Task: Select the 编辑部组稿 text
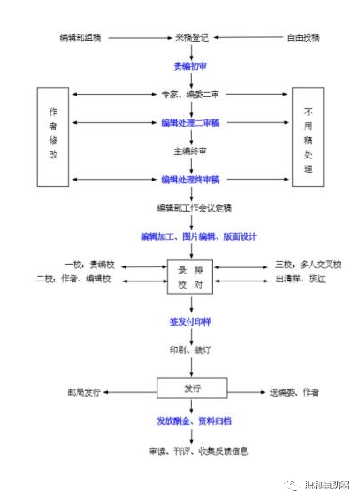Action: (81, 39)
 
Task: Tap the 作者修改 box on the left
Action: (53, 136)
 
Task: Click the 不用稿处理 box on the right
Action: (308, 136)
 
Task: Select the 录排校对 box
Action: (191, 275)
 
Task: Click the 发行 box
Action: (193, 389)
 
